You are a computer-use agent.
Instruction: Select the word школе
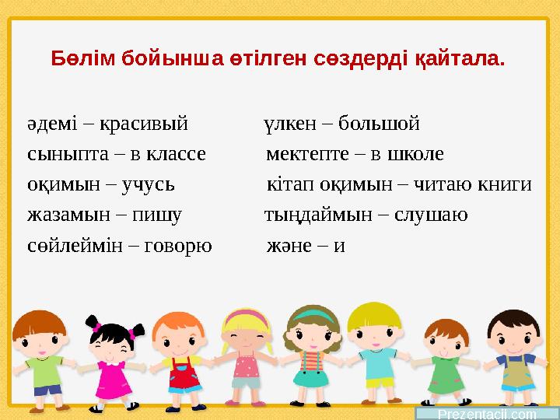coord(415,153)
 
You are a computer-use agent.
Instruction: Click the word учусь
coord(147,184)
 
